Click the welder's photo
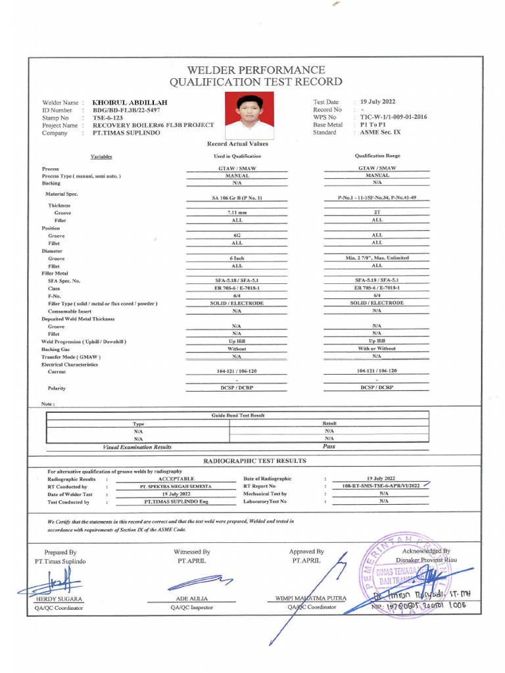click(x=249, y=116)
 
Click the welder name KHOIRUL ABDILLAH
click(x=130, y=103)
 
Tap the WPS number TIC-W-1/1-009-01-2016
click(x=393, y=117)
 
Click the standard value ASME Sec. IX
click(x=381, y=132)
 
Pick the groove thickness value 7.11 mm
click(x=237, y=213)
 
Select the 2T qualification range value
click(x=377, y=213)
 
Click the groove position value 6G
click(x=237, y=235)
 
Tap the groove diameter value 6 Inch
click(x=237, y=258)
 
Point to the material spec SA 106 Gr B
click(x=237, y=198)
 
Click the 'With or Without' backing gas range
click(x=377, y=348)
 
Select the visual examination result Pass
click(x=329, y=446)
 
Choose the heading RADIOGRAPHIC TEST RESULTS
click(x=254, y=461)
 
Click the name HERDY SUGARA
click(x=59, y=599)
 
